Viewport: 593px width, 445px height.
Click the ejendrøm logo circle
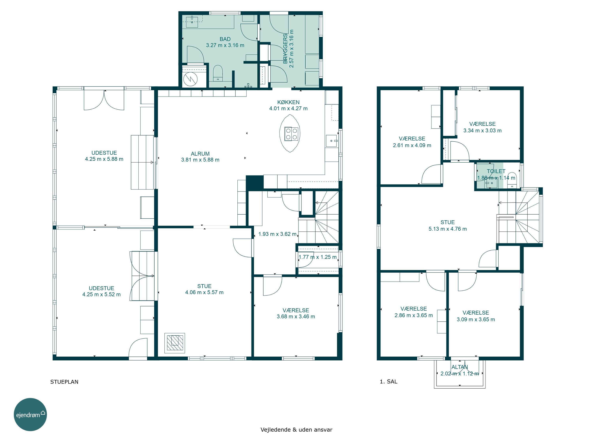30,414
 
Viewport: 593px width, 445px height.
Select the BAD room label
225,39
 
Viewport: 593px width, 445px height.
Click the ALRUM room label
200,154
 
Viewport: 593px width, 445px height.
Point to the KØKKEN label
288,102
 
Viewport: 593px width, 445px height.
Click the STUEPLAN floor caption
64,382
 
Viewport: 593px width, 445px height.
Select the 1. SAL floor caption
388,382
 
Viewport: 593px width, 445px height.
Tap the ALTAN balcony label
460,367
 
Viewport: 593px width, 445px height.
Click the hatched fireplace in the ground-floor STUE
175,343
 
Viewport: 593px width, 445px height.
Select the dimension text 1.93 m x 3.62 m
277,234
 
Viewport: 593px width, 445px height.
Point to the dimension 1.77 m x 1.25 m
317,257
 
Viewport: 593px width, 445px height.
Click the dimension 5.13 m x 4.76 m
448,229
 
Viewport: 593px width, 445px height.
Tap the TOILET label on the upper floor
496,171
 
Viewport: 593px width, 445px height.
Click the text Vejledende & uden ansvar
296,429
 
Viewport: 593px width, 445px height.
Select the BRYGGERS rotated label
285,48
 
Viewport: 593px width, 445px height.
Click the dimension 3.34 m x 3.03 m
482,130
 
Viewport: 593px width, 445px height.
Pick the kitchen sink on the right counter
331,141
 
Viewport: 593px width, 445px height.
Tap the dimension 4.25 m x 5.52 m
101,294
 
